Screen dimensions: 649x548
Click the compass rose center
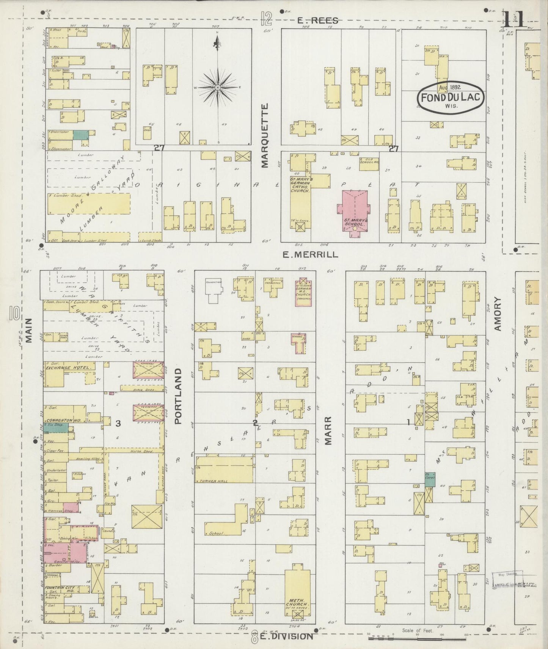click(x=218, y=88)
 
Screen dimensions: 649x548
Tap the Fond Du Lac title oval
click(x=451, y=97)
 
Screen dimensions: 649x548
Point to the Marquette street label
click(x=264, y=135)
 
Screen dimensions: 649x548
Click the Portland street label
click(x=179, y=396)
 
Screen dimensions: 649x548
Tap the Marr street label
click(x=328, y=430)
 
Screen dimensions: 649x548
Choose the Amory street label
click(x=498, y=314)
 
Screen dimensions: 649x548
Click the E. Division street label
click(x=287, y=636)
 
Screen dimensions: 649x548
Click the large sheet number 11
click(x=514, y=19)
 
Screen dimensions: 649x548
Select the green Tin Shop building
click(x=56, y=427)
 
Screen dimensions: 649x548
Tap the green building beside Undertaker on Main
click(x=80, y=134)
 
